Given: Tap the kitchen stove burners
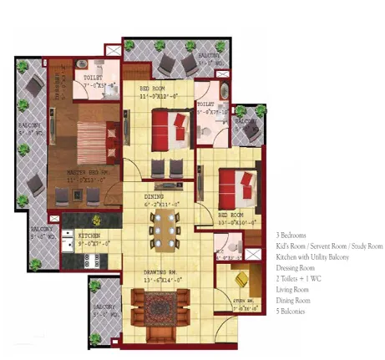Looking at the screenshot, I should (x=91, y=260).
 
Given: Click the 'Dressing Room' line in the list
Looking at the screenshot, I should (x=296, y=268).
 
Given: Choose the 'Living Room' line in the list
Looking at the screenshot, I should (x=293, y=290).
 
